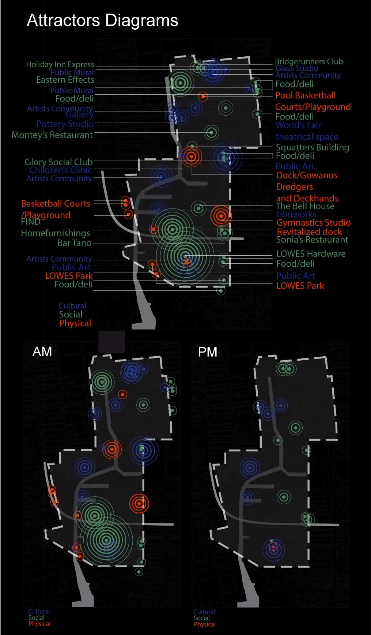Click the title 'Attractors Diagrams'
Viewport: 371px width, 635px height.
coord(102,20)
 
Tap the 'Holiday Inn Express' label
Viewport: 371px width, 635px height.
coord(60,64)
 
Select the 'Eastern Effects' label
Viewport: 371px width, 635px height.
coord(65,80)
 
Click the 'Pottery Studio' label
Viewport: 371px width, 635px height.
coord(65,124)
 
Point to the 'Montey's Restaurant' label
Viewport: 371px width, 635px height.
coord(52,135)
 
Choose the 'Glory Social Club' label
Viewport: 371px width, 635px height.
coord(58,162)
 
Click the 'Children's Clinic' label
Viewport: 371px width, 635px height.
coord(60,170)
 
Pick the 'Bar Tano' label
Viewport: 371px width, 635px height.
coord(75,243)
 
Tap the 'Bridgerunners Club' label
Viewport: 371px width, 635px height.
coord(309,61)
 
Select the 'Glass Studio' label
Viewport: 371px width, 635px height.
coord(297,68)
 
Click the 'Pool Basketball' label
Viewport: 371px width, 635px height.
coord(305,95)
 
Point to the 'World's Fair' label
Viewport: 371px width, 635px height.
coord(298,125)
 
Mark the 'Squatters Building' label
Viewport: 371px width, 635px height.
coord(312,147)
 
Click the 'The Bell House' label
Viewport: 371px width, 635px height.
coord(305,206)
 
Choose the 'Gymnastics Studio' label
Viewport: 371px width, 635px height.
coord(314,222)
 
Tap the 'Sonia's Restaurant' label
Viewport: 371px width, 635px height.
coord(312,240)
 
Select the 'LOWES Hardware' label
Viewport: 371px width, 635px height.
coord(311,254)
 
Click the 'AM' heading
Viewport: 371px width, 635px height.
coord(42,352)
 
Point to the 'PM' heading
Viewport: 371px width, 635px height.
coord(208,352)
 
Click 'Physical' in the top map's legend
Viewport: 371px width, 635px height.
coord(75,323)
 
